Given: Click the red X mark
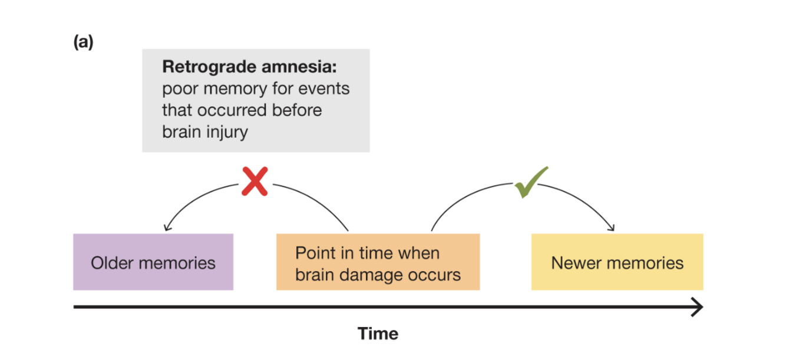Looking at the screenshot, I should tap(255, 181).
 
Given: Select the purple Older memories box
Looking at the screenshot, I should tap(153, 262).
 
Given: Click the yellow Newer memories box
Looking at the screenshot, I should tap(617, 262).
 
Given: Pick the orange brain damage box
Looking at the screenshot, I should tap(378, 262).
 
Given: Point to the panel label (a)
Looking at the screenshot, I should tap(83, 43).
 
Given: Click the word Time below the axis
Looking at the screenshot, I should tap(378, 334).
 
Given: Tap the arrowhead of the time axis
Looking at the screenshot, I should tap(697, 307).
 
